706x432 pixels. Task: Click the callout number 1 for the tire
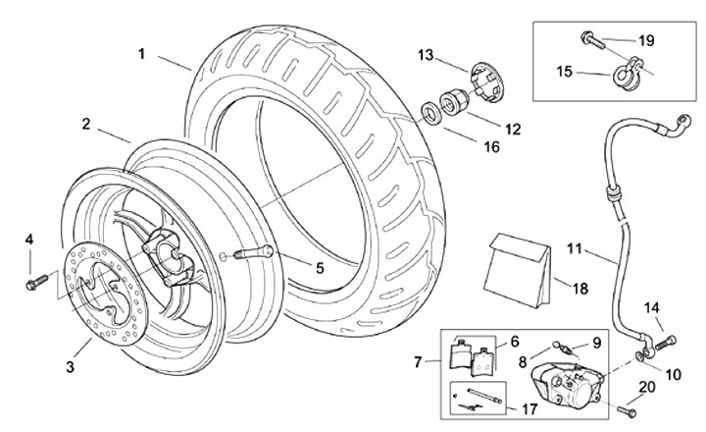point(142,53)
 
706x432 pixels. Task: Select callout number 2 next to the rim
point(86,125)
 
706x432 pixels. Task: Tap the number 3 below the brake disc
point(71,367)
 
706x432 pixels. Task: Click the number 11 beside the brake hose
point(574,248)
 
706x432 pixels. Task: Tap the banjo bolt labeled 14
point(666,342)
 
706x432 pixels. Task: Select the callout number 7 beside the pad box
point(420,362)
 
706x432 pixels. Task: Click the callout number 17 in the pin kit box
point(530,408)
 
